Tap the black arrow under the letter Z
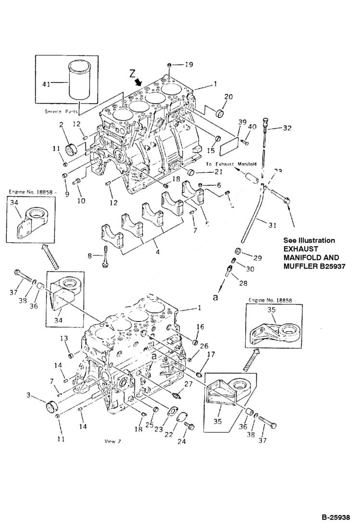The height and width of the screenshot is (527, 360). (139, 83)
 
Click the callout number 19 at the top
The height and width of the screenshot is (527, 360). (189, 64)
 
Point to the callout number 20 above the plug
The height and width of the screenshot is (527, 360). (228, 97)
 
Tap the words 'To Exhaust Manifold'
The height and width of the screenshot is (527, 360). (231, 164)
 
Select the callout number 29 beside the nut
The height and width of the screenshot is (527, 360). (258, 258)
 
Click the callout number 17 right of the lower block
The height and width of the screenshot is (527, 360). (211, 355)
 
